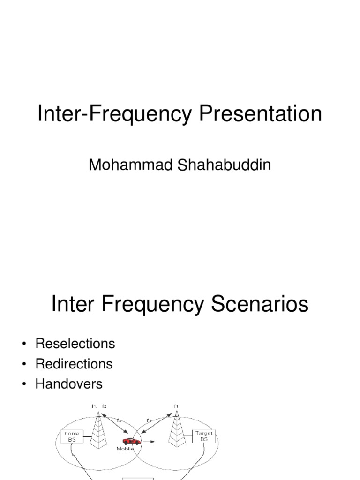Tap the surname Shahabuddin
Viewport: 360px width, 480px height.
point(225,165)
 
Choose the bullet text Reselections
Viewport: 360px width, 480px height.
point(75,344)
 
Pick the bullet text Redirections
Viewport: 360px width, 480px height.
point(74,364)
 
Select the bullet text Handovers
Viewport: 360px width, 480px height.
point(69,384)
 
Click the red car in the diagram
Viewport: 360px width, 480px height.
point(131,441)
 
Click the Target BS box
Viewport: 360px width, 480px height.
point(203,436)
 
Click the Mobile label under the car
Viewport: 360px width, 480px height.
point(125,449)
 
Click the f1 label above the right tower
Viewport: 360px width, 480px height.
point(176,406)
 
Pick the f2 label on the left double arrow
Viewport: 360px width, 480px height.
point(119,420)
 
